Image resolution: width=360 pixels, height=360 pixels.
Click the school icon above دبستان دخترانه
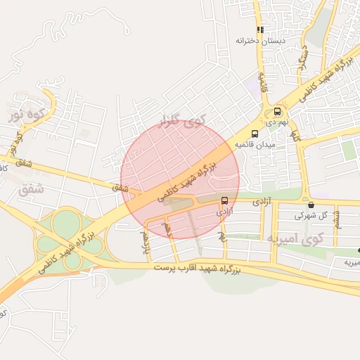point(261,30)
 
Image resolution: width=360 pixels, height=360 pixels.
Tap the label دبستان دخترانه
point(262,41)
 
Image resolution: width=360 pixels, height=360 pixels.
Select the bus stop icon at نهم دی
point(277,111)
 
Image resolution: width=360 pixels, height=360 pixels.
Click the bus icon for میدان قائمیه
point(255,133)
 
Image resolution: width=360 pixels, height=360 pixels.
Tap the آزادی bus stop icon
point(224,200)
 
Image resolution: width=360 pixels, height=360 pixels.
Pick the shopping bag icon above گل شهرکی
point(311,205)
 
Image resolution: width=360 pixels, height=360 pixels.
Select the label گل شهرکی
point(311,215)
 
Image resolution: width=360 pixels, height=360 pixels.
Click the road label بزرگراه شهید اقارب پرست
point(207,268)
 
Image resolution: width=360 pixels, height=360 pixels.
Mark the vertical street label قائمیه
point(264,84)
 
